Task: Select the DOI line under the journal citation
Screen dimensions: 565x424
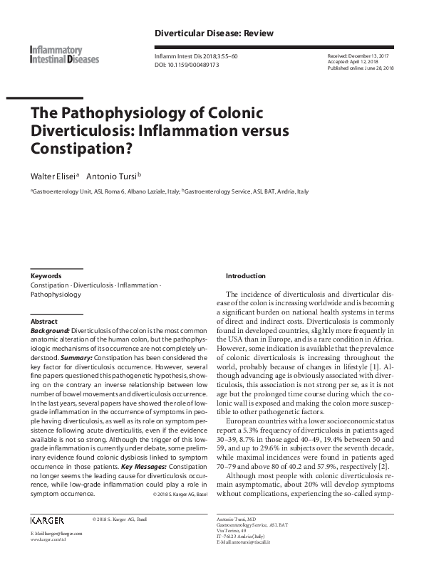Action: pos(187,63)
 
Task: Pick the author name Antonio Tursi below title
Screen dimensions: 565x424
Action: pos(112,175)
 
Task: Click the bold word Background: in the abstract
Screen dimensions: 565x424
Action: pos(48,331)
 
